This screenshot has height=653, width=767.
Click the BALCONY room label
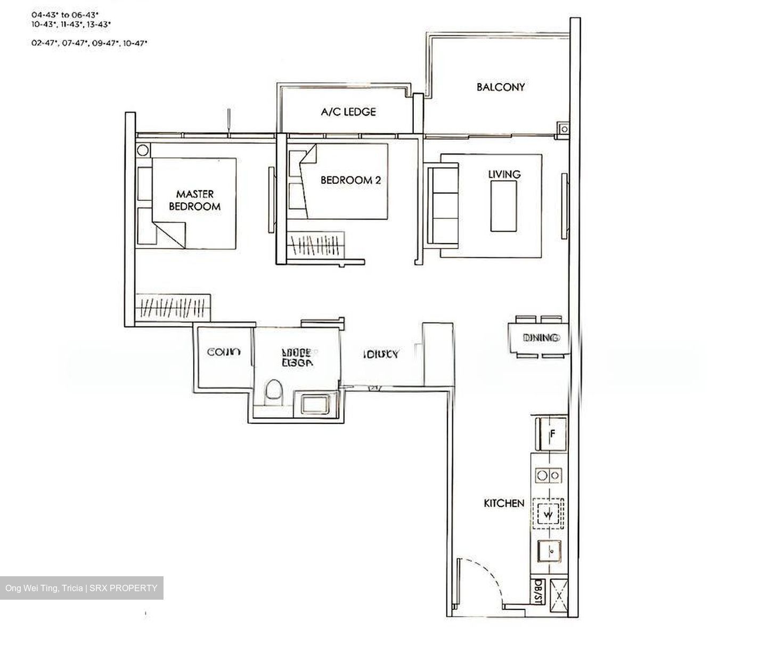point(500,87)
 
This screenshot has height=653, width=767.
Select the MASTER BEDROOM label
point(194,200)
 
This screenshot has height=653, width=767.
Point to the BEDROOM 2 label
point(350,180)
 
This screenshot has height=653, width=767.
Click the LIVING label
point(504,174)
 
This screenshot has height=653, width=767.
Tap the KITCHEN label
point(504,503)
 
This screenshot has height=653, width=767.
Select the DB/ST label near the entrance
point(538,592)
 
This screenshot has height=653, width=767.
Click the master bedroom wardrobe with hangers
point(173,308)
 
